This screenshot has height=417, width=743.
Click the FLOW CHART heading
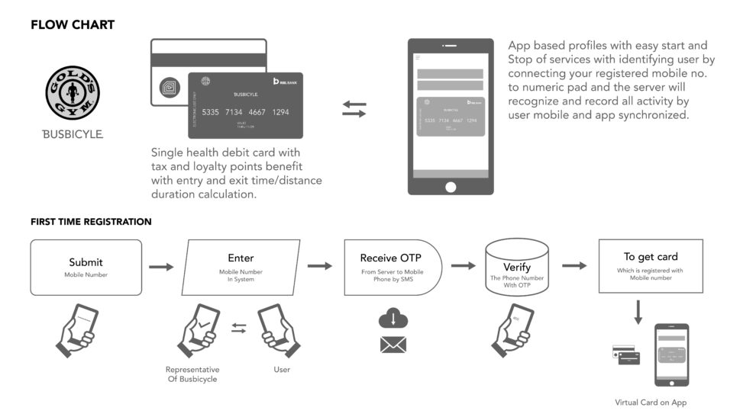[x=73, y=25]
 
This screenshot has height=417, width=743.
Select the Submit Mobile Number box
[x=86, y=267]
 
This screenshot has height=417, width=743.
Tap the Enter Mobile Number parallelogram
[x=241, y=267]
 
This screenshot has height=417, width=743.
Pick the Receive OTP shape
[x=391, y=267]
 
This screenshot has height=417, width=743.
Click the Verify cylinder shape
[x=516, y=267]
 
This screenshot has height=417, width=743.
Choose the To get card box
[x=651, y=265]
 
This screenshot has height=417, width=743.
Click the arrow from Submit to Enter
[x=161, y=267]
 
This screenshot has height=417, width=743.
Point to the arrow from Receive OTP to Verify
[x=463, y=266]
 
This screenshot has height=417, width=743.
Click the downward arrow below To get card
[x=638, y=311]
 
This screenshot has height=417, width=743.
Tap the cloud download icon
[x=392, y=319]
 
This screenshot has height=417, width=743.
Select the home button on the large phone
[x=450, y=186]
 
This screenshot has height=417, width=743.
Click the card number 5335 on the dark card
[x=211, y=113]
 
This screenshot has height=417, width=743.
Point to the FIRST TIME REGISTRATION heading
[x=91, y=222]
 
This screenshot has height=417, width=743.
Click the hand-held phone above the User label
[x=276, y=332]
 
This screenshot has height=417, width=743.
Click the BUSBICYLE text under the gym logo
[x=73, y=134]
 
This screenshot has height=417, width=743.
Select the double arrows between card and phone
[x=354, y=108]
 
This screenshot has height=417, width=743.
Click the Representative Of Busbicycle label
[x=192, y=374]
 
